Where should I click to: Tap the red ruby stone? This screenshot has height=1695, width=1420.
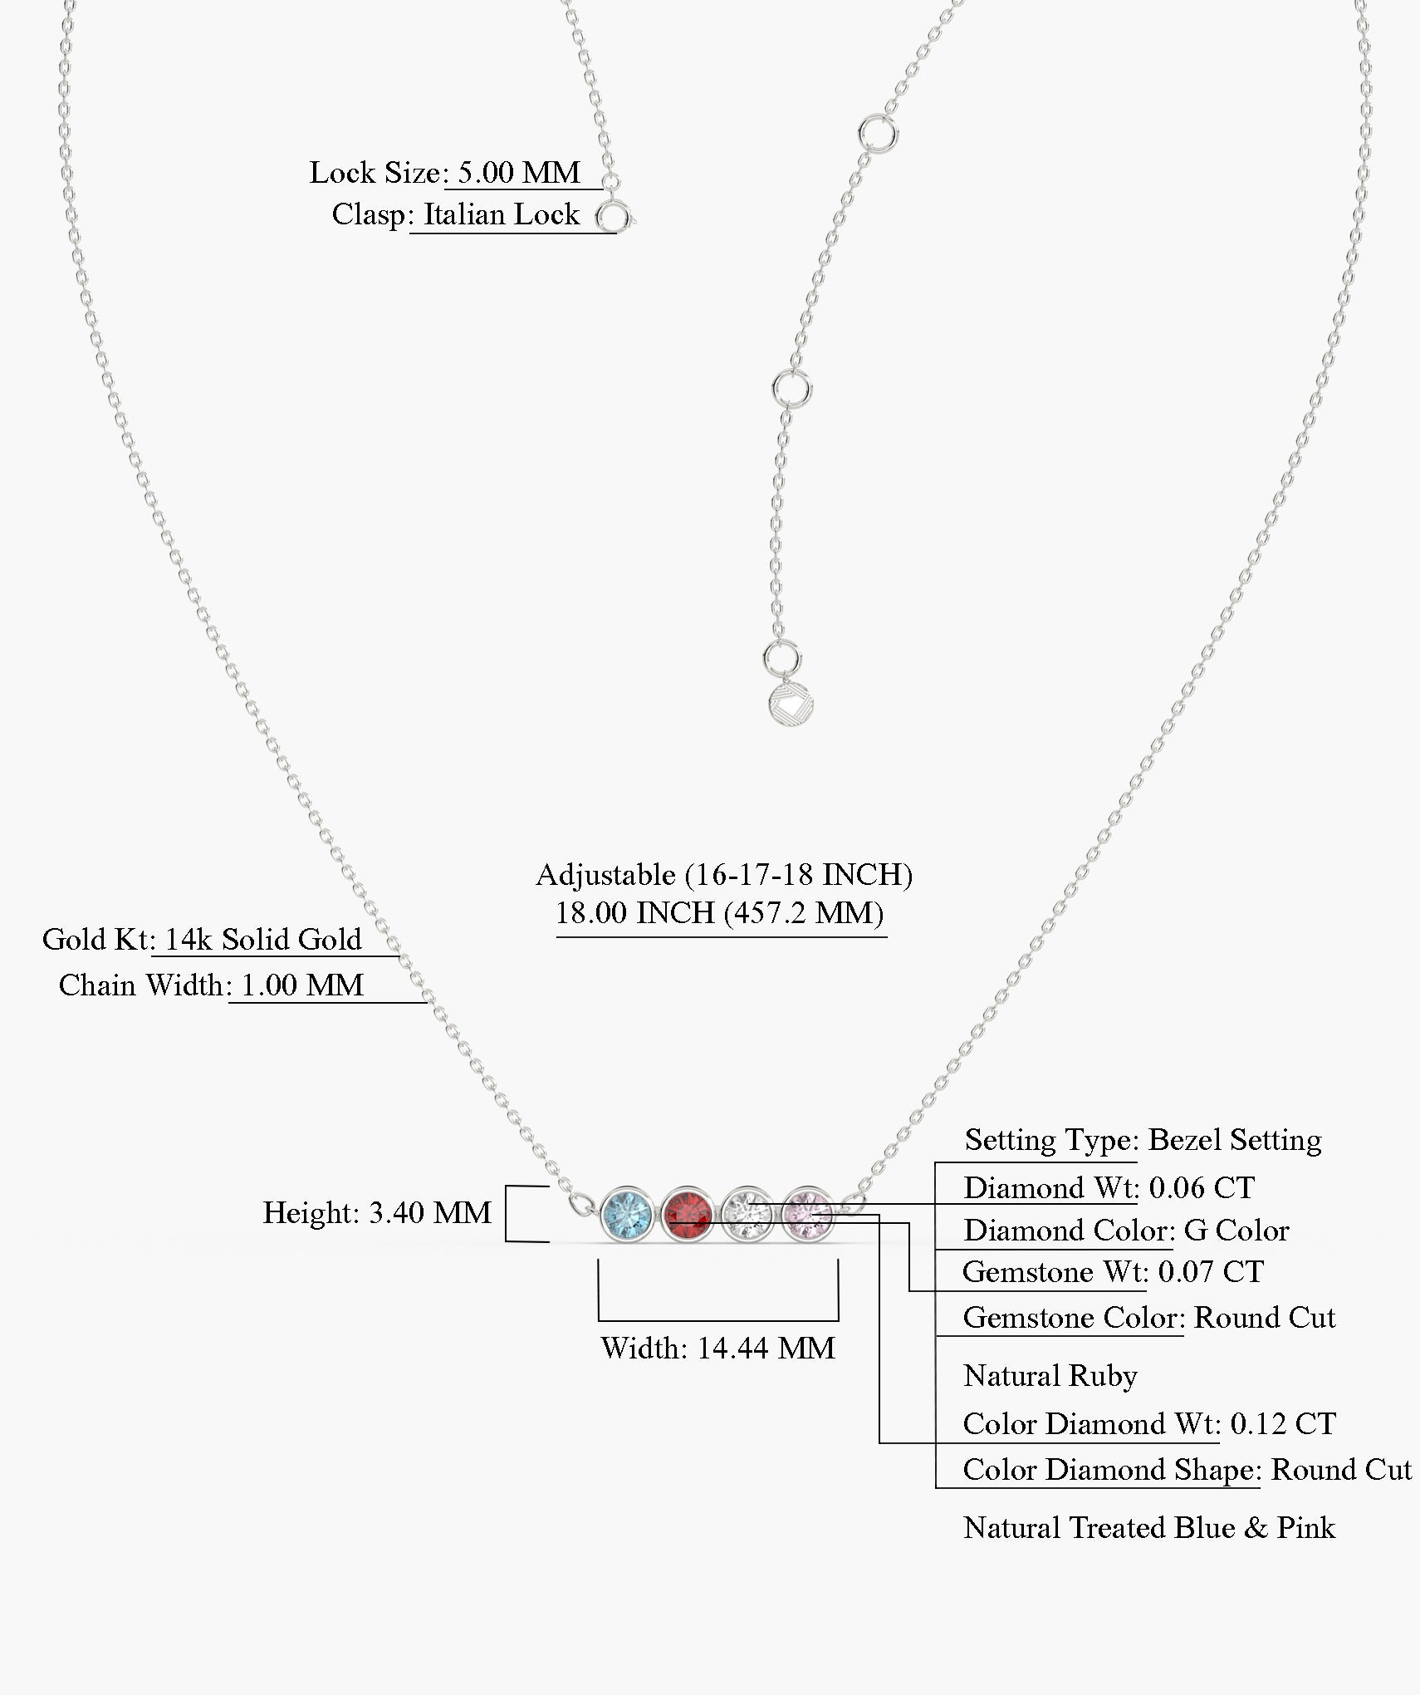coord(687,1214)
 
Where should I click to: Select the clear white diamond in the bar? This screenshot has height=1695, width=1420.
coord(747,1214)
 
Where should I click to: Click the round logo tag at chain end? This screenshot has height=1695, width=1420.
coord(791,705)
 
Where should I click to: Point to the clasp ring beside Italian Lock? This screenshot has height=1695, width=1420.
coord(614,219)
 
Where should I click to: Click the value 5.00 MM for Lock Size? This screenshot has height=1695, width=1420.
coord(519,173)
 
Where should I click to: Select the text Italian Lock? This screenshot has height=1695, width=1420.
coord(502,214)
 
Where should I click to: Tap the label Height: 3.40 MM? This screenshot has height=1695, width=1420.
coord(378,1213)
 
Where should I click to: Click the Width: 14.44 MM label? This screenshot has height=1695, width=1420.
coord(718,1348)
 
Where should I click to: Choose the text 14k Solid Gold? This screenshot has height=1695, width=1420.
coord(263,940)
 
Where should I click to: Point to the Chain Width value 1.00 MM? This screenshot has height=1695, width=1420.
coord(302,985)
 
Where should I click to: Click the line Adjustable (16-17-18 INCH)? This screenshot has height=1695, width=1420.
coord(724,875)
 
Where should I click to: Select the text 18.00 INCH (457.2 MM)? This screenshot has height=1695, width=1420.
coord(719,913)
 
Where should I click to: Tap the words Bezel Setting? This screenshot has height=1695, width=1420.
coord(1235,1140)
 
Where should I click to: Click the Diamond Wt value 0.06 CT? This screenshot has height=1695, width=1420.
coord(1202,1188)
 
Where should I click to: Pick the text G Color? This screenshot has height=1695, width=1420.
coord(1236,1231)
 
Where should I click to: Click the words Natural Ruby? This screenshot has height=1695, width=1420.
coord(1050,1376)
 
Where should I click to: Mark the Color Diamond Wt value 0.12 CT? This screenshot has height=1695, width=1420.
coord(1283,1424)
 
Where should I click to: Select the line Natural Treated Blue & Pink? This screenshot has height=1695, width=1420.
coord(1149,1528)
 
